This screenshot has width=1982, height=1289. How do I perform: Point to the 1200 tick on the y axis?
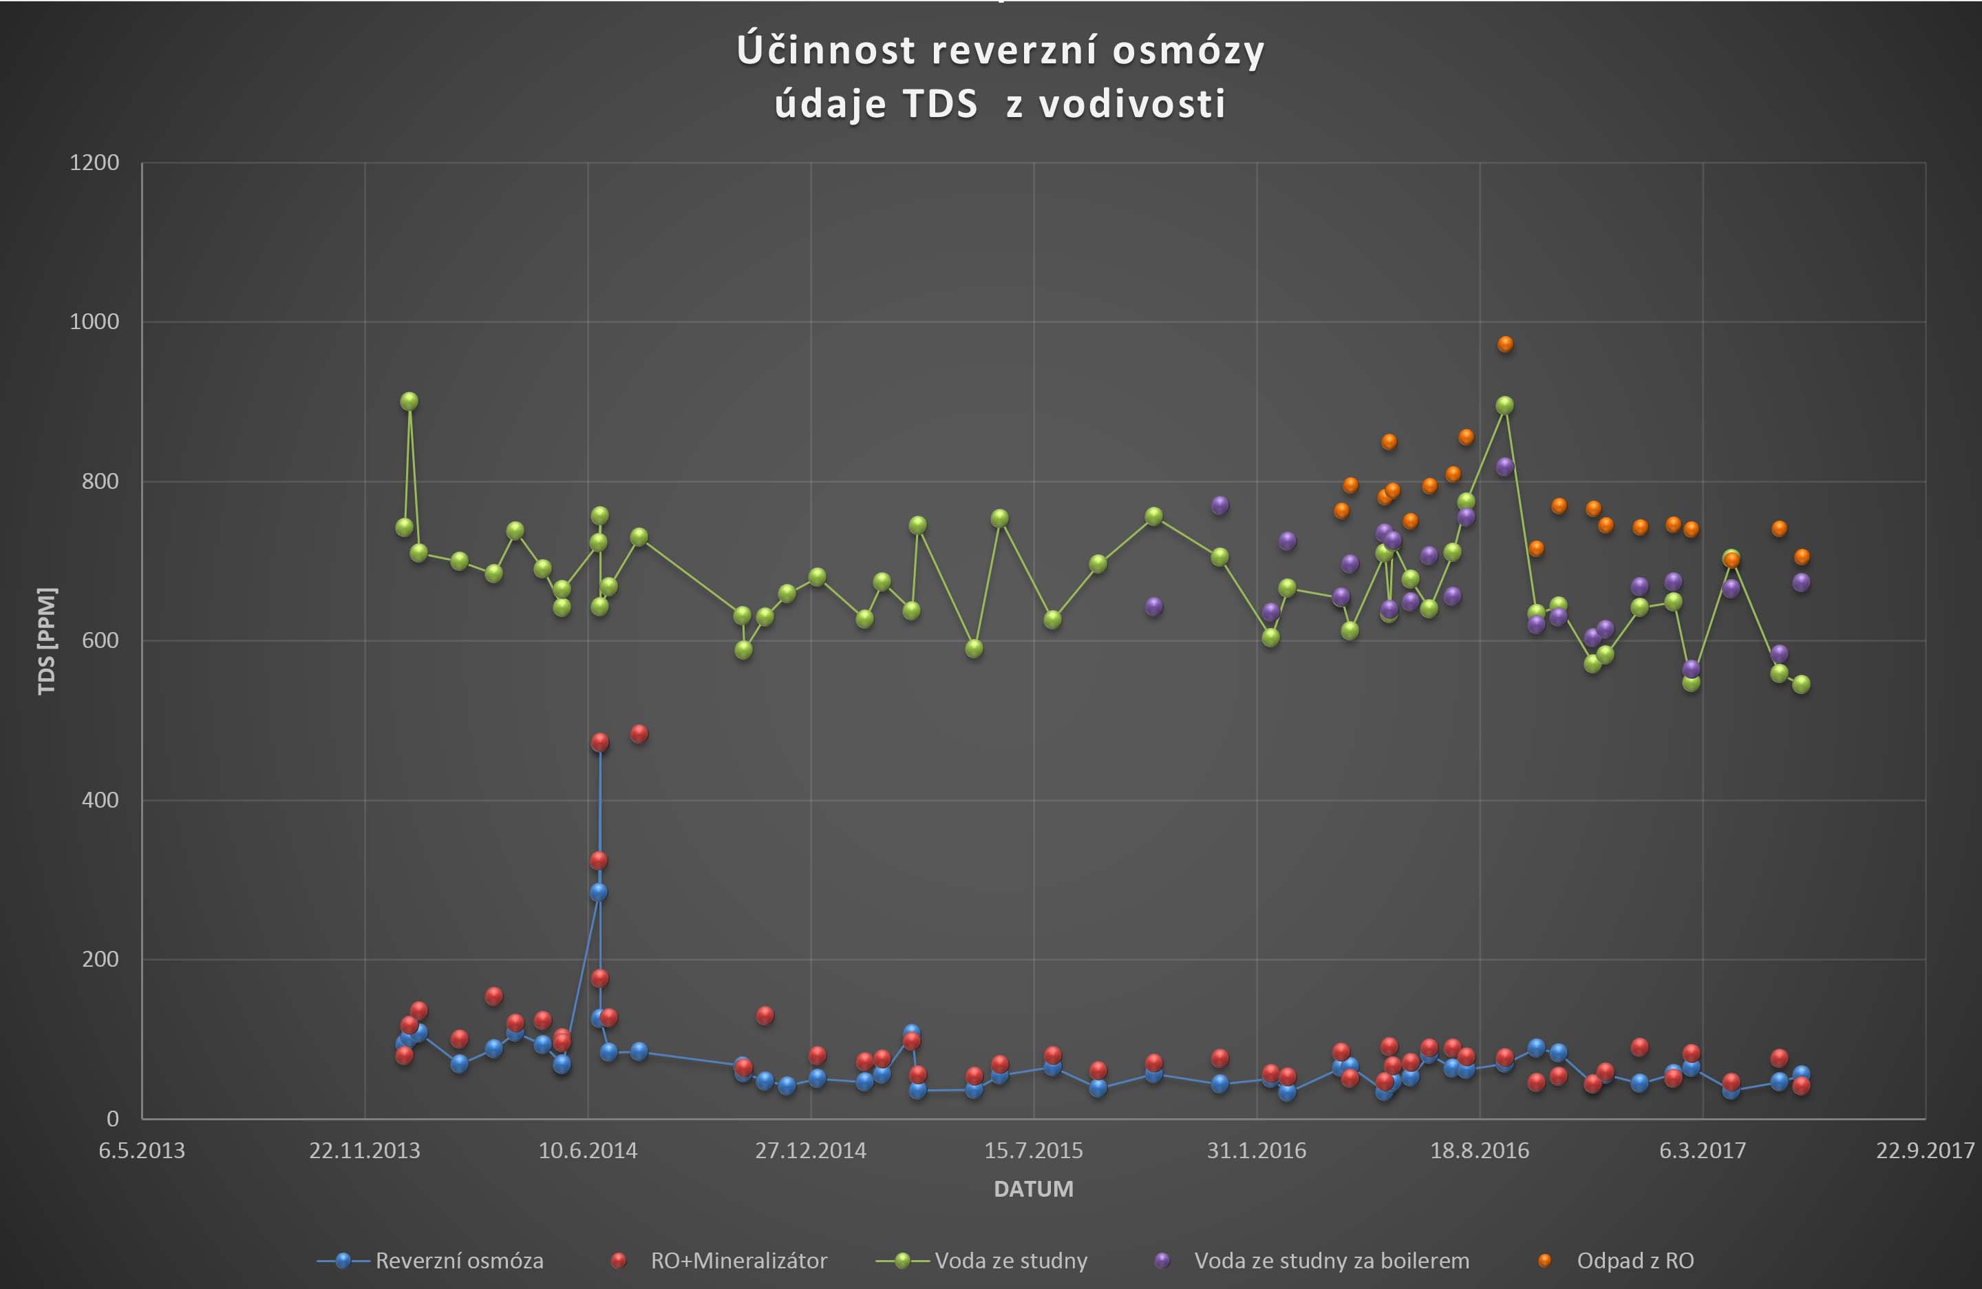coord(94,163)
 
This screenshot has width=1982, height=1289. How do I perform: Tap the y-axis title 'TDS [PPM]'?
coord(47,641)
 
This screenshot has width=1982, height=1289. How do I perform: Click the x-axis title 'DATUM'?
coord(1034,1189)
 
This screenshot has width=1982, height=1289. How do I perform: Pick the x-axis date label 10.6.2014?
coord(588,1151)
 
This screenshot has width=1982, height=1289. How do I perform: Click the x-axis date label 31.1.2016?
coord(1257,1151)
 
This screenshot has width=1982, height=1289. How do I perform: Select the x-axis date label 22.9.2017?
coord(1925,1151)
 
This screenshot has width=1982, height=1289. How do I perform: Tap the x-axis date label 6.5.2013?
coord(142,1151)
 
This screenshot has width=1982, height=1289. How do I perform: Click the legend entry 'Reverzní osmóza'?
coord(459,1261)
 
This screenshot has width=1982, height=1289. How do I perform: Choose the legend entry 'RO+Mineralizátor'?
coord(738,1261)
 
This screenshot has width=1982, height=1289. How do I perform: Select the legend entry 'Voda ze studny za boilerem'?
coord(1331,1261)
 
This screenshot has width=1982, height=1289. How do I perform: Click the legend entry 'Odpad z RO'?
coord(1634,1261)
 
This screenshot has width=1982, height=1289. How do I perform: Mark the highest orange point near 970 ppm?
coord(1505,344)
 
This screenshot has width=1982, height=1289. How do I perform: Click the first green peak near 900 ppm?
coord(409,401)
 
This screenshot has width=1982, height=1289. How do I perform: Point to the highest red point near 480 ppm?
coord(639,733)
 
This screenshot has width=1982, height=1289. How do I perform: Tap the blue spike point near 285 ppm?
coord(598,892)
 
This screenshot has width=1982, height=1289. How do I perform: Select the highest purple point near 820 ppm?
coord(1505,467)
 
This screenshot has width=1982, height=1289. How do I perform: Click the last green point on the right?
coord(1801,684)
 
